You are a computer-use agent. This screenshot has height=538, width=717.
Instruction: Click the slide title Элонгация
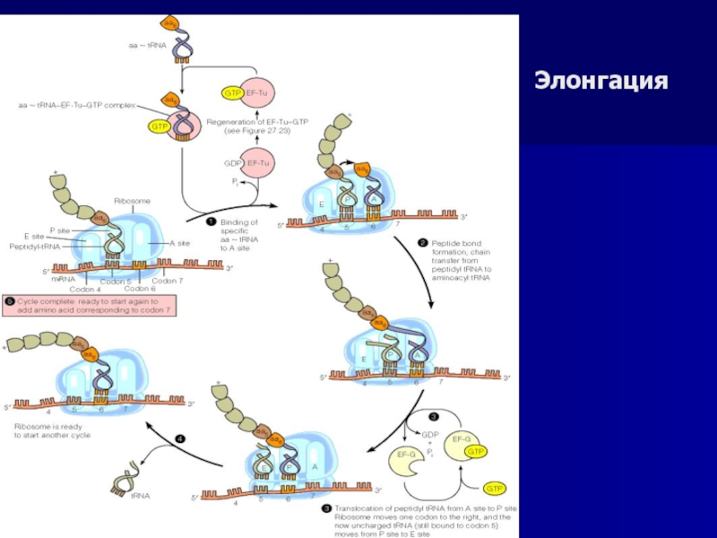tap(602, 81)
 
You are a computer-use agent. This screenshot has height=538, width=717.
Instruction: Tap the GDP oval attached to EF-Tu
tap(231, 163)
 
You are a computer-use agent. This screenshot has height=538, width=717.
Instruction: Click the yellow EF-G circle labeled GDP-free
tap(407, 456)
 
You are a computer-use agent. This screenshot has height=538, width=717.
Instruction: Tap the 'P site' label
tap(60, 230)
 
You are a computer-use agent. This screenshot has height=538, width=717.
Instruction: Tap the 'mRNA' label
tap(63, 280)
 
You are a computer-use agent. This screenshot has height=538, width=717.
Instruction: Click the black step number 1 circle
tap(212, 221)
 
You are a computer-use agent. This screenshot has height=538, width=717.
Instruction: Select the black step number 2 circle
tap(423, 242)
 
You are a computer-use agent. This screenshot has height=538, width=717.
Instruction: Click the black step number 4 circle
tap(179, 438)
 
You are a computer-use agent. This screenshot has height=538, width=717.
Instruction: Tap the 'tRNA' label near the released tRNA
tap(141, 494)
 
